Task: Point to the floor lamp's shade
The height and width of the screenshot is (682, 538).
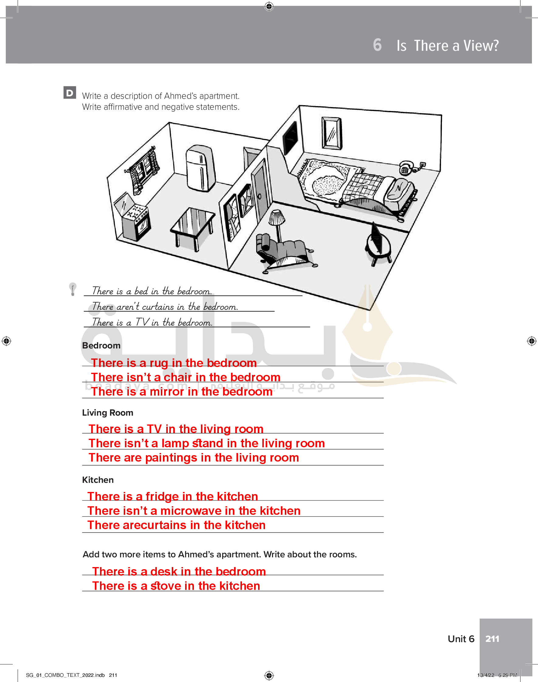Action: click(x=277, y=217)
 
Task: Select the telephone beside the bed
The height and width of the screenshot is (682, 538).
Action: click(x=406, y=168)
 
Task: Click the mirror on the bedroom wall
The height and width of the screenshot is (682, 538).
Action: click(x=332, y=133)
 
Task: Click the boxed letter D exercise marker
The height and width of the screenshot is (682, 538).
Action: click(x=70, y=93)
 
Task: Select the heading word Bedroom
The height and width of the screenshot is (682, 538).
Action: click(x=101, y=346)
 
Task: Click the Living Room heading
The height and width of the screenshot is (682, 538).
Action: click(x=107, y=413)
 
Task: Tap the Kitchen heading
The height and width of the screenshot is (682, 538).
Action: click(x=98, y=480)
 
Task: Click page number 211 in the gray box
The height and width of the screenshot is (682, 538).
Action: click(x=492, y=639)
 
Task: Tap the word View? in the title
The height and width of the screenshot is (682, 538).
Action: click(x=481, y=46)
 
